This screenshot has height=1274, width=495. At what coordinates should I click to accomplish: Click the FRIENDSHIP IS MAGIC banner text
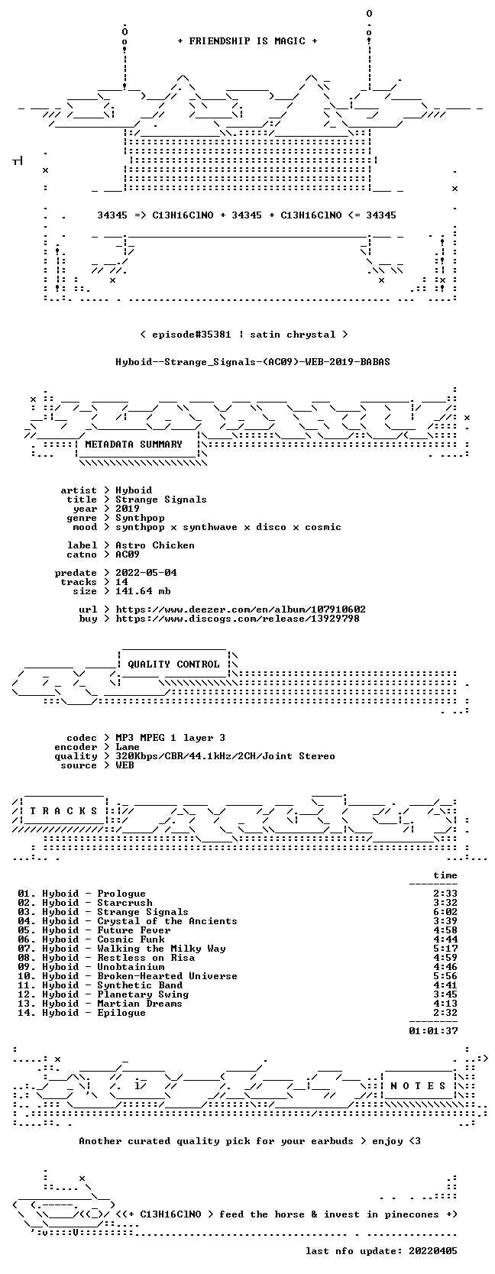(x=247, y=41)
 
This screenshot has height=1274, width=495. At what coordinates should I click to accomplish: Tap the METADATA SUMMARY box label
(x=134, y=445)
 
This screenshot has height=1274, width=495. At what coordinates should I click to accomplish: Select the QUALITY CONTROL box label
(x=173, y=664)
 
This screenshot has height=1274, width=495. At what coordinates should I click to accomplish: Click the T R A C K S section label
(x=63, y=811)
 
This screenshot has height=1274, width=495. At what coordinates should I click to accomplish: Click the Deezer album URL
(x=241, y=610)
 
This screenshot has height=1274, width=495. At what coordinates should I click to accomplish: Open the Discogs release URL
(x=238, y=618)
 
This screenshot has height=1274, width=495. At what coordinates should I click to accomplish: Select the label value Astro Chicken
(x=155, y=545)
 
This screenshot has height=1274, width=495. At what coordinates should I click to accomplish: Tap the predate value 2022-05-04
(x=146, y=573)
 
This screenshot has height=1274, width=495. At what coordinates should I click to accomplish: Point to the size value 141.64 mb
(x=143, y=591)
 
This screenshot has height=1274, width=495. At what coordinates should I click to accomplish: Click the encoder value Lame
(x=128, y=747)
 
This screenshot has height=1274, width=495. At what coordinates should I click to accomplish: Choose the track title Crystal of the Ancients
(x=167, y=921)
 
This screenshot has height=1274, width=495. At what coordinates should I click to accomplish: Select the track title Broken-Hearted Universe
(x=167, y=976)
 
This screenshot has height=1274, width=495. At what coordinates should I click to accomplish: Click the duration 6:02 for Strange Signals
(x=445, y=912)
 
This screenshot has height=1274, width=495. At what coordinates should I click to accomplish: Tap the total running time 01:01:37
(x=433, y=1030)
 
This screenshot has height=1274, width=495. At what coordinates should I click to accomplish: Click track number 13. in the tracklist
(x=26, y=1004)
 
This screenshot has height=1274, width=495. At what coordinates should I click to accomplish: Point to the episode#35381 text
(x=192, y=335)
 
